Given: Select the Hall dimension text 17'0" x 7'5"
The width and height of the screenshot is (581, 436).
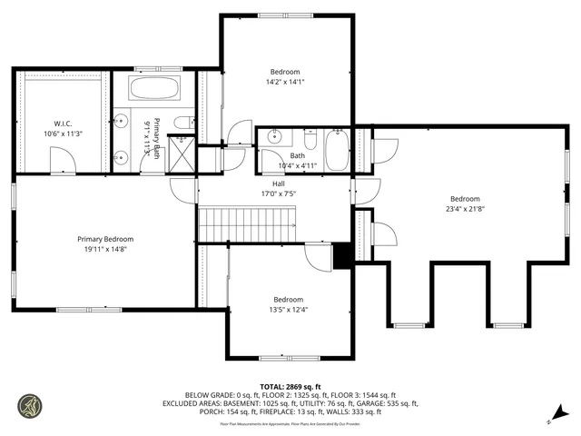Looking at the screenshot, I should click(x=279, y=193).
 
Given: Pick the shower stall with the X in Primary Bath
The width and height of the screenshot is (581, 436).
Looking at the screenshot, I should click(x=182, y=155).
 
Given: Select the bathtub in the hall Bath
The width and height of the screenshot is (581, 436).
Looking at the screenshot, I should click(x=337, y=150).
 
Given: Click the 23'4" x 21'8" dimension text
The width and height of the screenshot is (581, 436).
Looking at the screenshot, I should click(x=465, y=209).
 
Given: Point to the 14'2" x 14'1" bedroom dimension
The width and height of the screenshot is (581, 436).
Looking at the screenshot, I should click(x=284, y=82).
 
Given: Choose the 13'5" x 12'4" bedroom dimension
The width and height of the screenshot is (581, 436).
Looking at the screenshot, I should click(x=288, y=309).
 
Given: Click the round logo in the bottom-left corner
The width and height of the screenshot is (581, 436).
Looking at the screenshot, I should click(x=28, y=405).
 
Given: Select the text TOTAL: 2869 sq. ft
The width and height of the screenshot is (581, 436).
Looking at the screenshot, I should click(x=290, y=385).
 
